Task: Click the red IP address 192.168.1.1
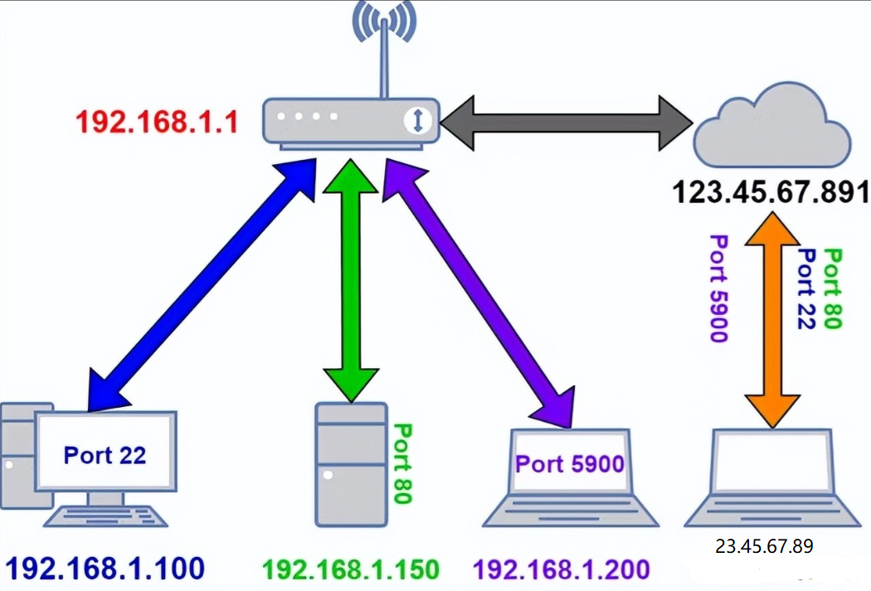click(x=157, y=123)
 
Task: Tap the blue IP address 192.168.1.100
click(x=105, y=569)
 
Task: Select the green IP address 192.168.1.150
click(x=350, y=570)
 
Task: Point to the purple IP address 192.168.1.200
click(x=562, y=570)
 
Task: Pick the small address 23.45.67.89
click(x=763, y=546)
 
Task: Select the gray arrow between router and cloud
click(x=566, y=122)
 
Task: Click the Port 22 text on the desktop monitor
click(x=105, y=455)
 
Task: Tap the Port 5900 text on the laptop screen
click(x=569, y=463)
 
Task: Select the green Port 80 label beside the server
click(x=402, y=463)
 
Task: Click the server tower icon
click(x=351, y=463)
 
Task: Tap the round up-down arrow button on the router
click(x=418, y=121)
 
